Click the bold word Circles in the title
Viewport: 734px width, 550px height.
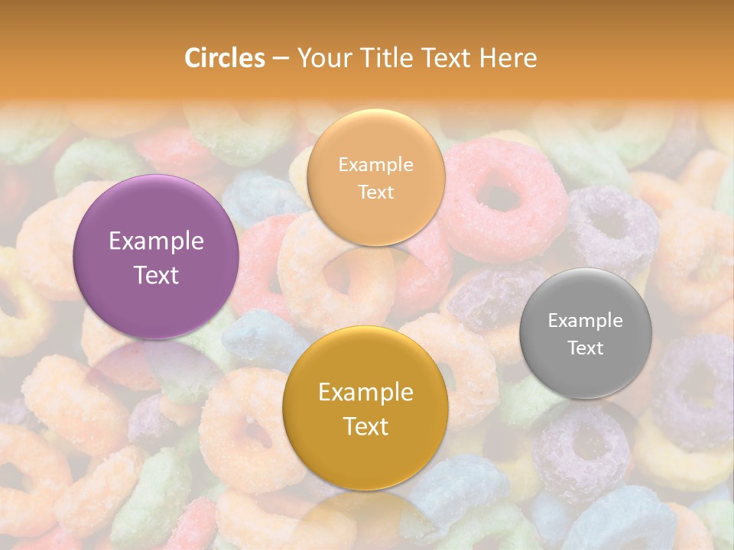point(225,58)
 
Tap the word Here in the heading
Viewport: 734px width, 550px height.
point(508,58)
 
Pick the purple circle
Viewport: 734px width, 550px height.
point(156,257)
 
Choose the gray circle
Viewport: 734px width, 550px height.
point(586,333)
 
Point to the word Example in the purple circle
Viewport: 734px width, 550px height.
point(156,241)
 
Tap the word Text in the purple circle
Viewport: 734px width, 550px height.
point(156,275)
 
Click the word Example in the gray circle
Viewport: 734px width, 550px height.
point(586,320)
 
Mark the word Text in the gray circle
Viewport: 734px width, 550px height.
point(586,348)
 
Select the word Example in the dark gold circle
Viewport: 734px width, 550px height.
point(365,393)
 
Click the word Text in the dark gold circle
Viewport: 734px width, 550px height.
point(365,426)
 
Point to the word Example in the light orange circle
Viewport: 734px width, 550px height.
point(375,164)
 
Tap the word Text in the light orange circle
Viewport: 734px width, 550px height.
point(375,192)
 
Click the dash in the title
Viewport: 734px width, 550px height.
point(281,59)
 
